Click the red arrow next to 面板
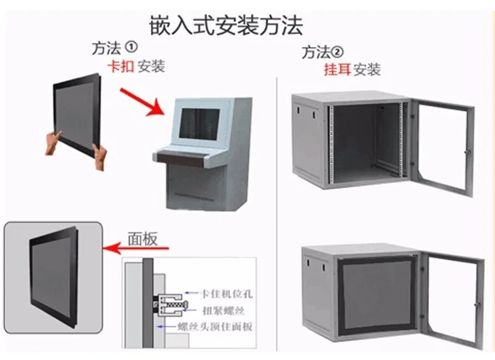[136, 249]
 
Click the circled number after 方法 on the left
[131, 47]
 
